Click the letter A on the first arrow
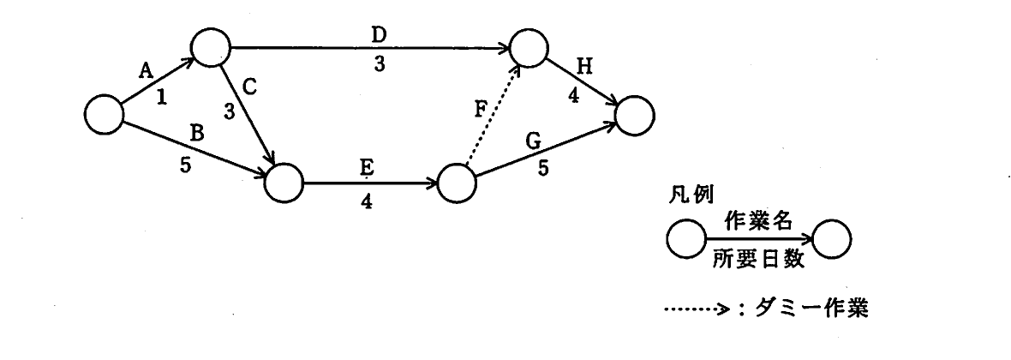(147, 70)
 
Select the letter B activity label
(198, 134)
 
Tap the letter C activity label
(250, 87)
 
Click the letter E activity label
(366, 168)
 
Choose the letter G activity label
(533, 142)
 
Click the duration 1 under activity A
(161, 97)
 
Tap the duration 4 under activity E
(366, 201)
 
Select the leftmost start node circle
(104, 114)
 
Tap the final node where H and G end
(635, 116)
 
